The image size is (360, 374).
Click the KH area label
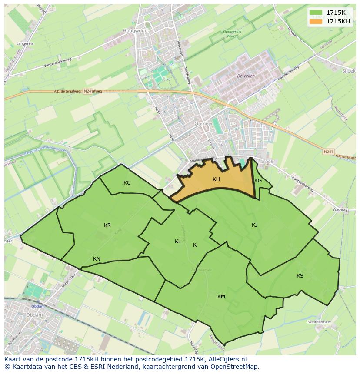tap(216, 179)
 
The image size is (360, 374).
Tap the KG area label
tap(258, 180)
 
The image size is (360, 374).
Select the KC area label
tap(127, 182)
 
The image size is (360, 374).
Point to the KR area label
tap(107, 225)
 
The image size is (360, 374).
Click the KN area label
tap(97, 258)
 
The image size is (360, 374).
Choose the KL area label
tap(178, 241)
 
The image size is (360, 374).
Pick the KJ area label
tap(254, 225)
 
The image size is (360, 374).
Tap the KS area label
tap(300, 275)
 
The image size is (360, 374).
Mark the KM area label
tap(221, 296)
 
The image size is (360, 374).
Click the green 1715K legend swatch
tap(316, 12)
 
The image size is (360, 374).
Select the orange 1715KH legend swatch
tap(316, 21)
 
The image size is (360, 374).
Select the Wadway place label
tap(340, 209)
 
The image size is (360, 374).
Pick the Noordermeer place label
tap(319, 322)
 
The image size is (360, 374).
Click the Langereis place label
tap(25, 43)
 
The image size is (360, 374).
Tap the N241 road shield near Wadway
tap(328, 151)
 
